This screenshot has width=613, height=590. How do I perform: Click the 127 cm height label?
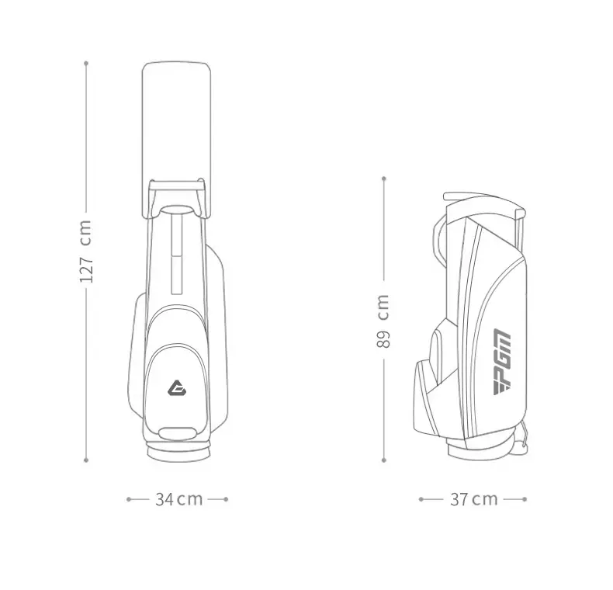[86, 251]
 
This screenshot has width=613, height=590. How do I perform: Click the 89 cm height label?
[383, 321]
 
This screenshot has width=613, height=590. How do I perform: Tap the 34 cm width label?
[179, 499]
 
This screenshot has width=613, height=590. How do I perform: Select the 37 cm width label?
[474, 499]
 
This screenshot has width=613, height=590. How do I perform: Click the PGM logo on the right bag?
[501, 363]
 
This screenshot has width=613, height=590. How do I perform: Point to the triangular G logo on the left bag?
[177, 387]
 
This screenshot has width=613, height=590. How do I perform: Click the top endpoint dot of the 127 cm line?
[86, 63]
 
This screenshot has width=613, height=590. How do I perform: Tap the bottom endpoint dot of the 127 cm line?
[86, 460]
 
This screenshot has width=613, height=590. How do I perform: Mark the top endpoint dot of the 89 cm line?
[384, 179]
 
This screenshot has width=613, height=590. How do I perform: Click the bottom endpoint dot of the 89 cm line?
[384, 460]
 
